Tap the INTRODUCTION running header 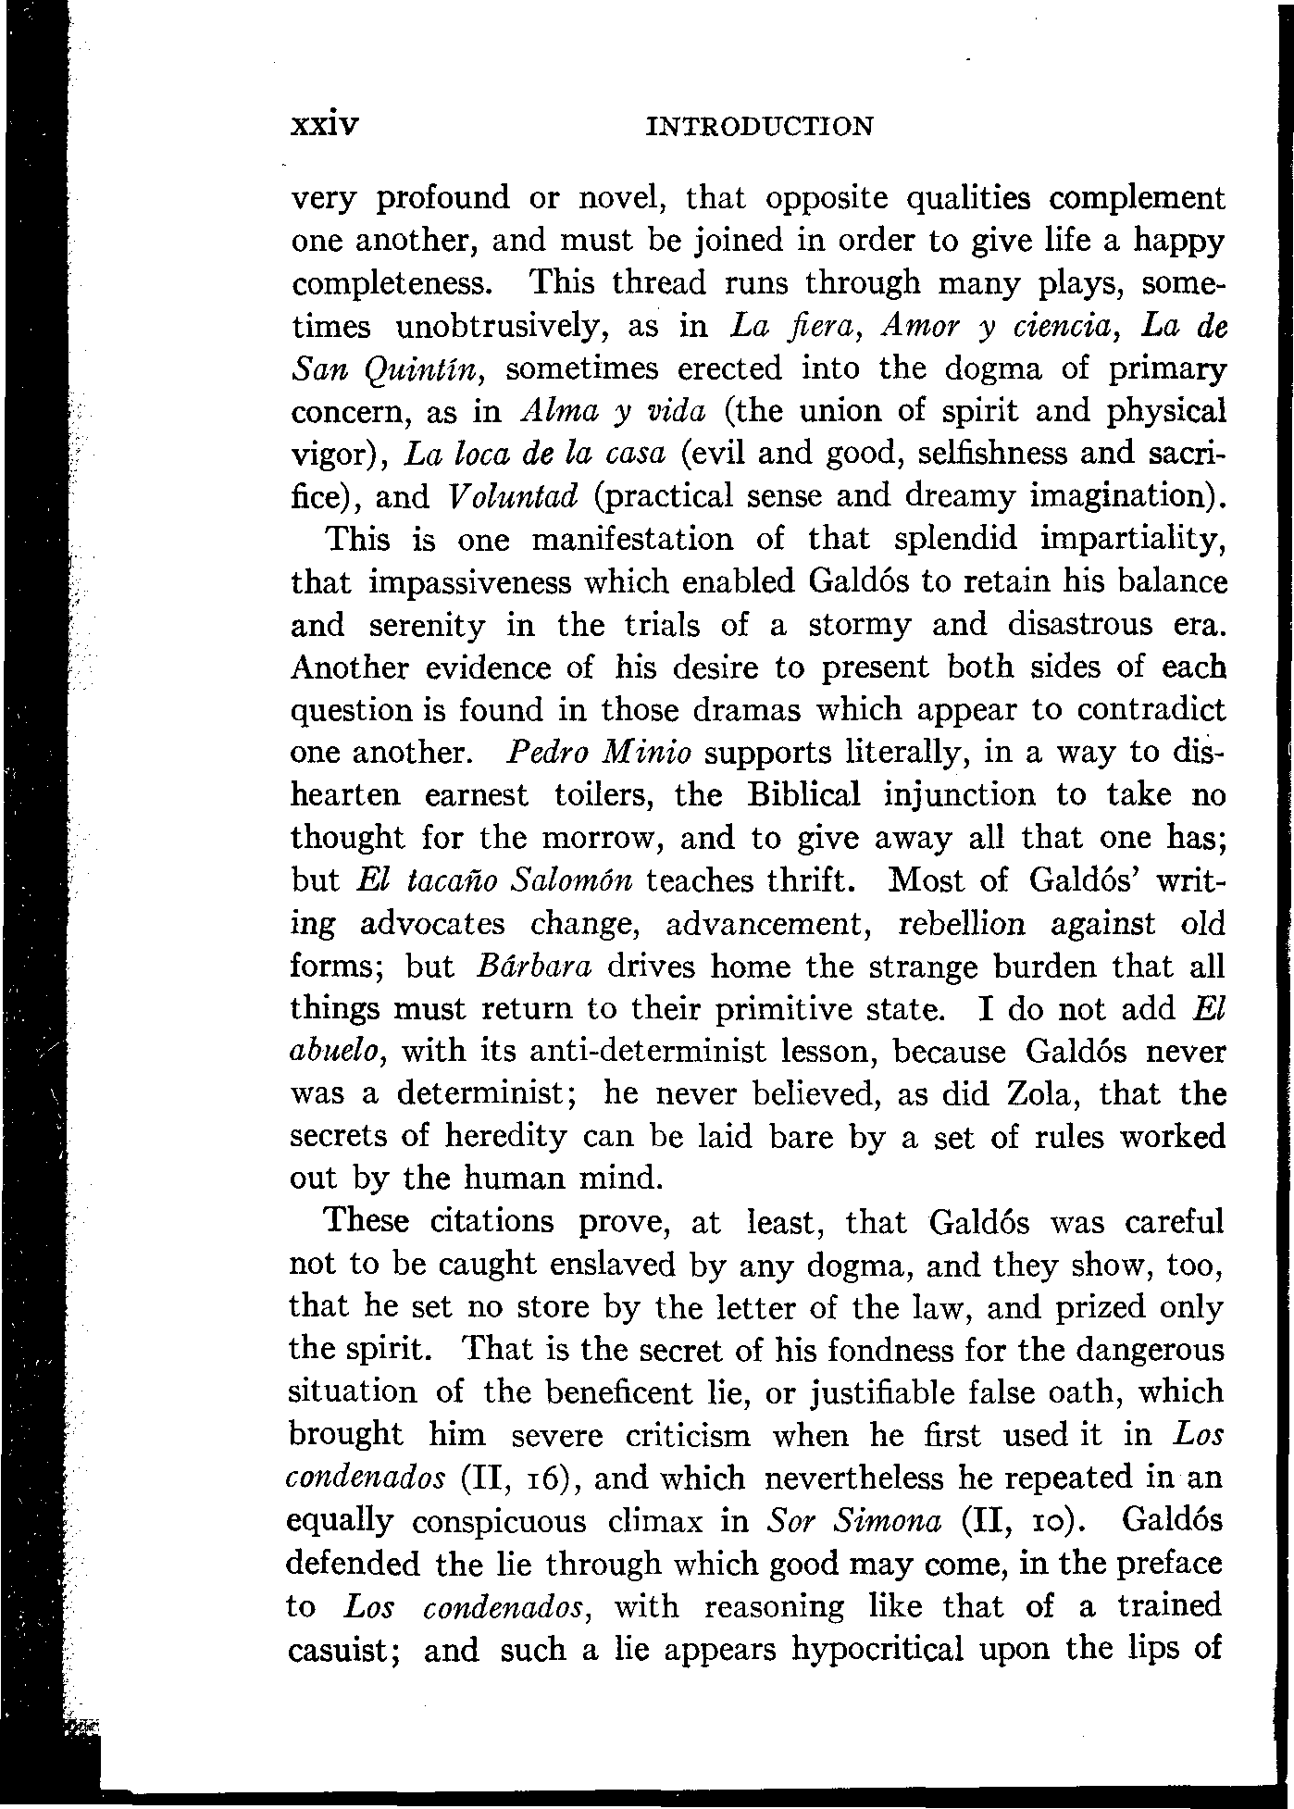(x=758, y=126)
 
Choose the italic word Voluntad (x=512, y=497)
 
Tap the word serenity (x=427, y=626)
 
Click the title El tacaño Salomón (x=494, y=880)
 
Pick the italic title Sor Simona (x=855, y=1521)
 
